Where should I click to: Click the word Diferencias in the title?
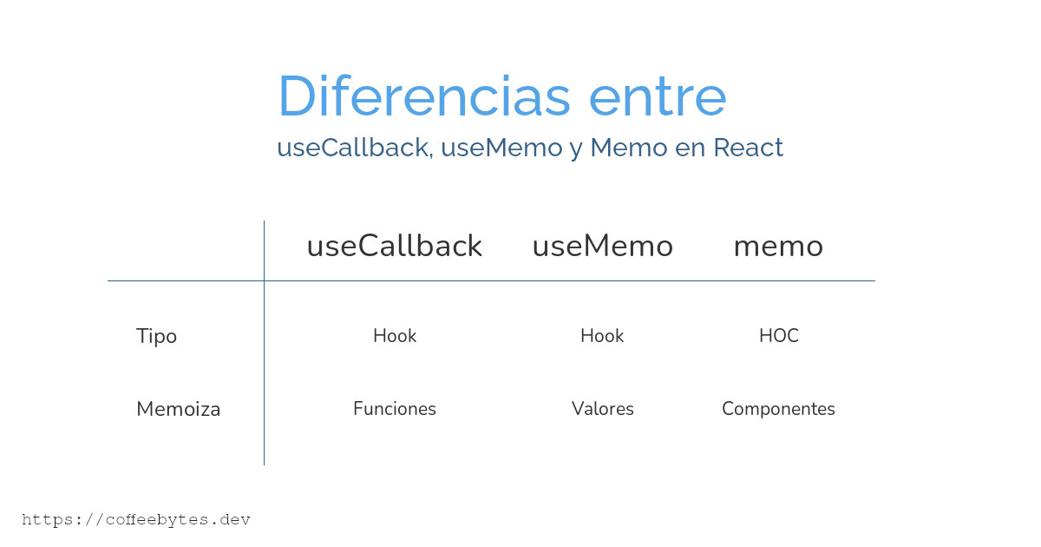click(424, 96)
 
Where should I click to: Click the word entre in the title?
click(658, 97)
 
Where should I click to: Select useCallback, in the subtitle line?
click(356, 148)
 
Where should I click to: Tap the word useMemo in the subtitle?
click(501, 148)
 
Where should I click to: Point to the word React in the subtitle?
click(748, 148)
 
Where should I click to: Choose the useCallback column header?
click(395, 246)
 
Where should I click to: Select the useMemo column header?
click(603, 246)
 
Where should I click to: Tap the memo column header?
click(778, 247)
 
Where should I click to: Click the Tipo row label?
click(157, 336)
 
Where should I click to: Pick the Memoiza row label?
click(179, 409)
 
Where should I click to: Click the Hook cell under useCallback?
click(395, 336)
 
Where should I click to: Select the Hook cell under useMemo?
click(602, 336)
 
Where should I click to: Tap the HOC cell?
click(779, 336)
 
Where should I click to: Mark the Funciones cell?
click(395, 409)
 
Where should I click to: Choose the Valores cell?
click(603, 409)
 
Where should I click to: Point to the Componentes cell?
click(778, 409)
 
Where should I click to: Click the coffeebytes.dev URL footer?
click(136, 519)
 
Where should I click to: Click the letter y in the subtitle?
click(576, 151)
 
